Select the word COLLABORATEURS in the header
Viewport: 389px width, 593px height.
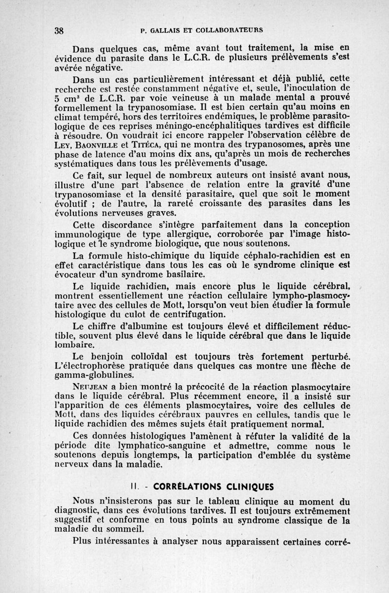tap(233, 30)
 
